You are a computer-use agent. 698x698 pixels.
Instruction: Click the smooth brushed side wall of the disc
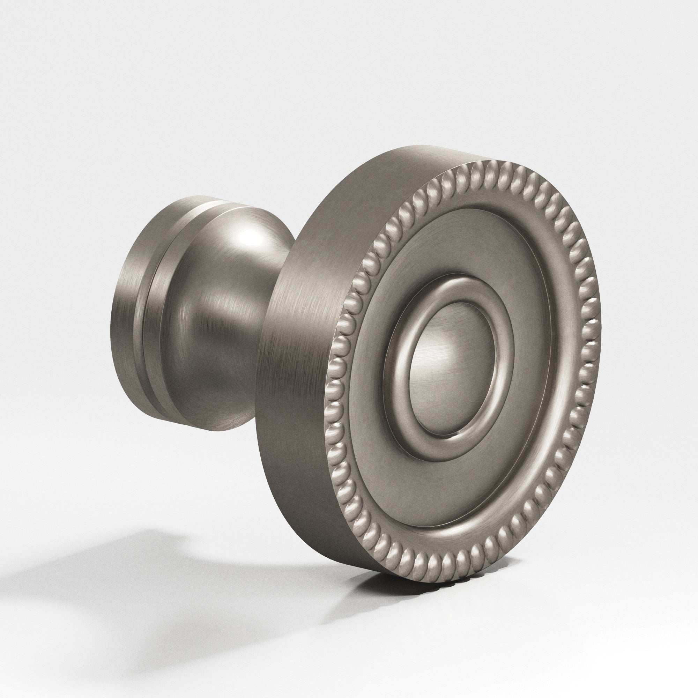300,361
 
